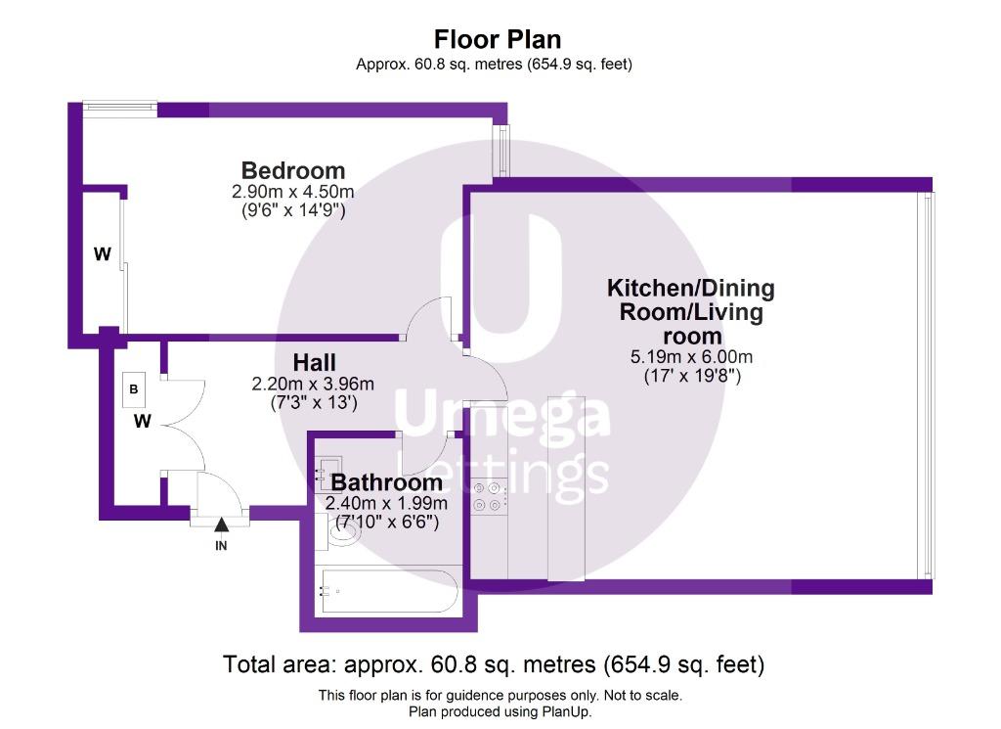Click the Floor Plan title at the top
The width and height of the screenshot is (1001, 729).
[498, 39]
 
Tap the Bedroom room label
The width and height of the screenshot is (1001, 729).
[293, 170]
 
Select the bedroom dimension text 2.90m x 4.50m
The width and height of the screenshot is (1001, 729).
[293, 191]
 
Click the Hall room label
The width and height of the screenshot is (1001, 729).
[314, 363]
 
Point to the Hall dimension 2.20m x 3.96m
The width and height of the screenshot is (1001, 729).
[313, 384]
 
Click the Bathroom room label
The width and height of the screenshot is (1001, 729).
[387, 482]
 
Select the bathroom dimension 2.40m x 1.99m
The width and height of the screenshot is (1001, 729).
[386, 504]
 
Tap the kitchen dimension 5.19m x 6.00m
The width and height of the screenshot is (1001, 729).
[691, 356]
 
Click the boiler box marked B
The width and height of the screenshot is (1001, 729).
[133, 389]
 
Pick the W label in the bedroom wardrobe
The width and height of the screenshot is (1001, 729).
[102, 254]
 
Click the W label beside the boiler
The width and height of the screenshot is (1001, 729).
[143, 421]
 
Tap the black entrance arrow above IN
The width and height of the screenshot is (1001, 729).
[221, 524]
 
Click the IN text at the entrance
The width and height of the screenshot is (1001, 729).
[221, 546]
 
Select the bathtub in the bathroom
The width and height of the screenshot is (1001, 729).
[389, 591]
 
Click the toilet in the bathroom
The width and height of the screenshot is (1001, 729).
[337, 531]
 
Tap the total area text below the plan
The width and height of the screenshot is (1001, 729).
[494, 664]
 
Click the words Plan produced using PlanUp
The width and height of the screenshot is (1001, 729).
[500, 711]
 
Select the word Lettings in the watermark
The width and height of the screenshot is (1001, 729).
[501, 474]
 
